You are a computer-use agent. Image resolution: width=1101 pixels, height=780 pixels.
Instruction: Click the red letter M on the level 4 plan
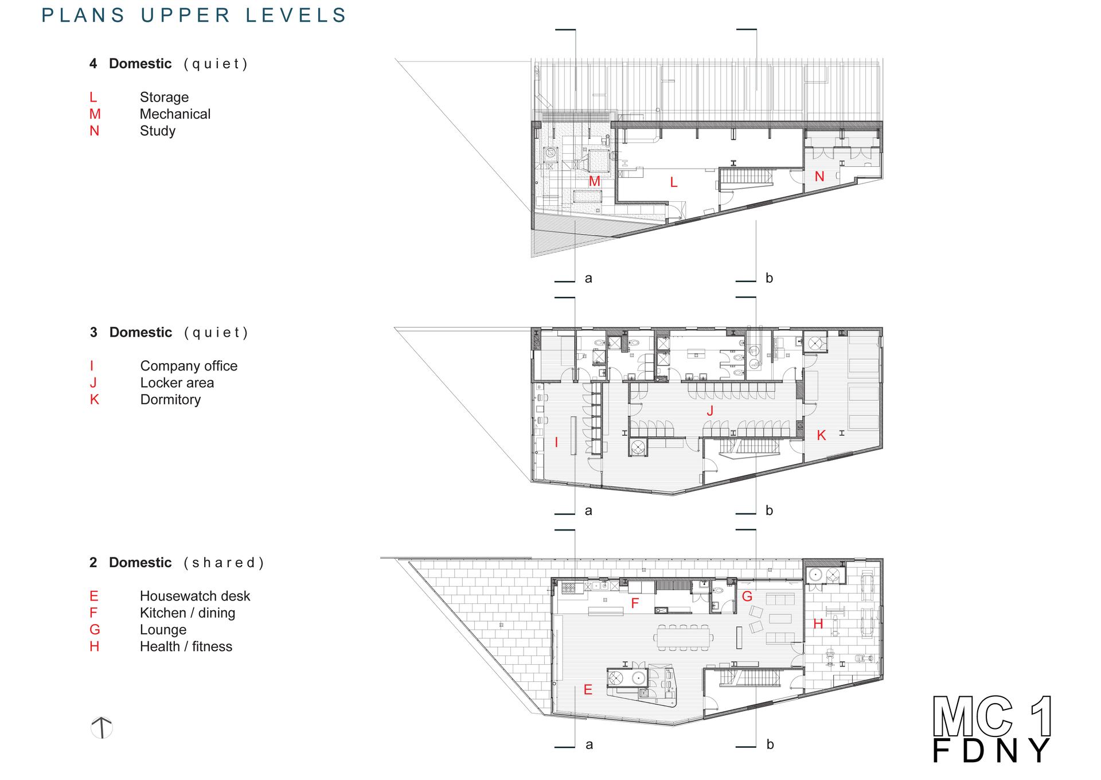click(595, 181)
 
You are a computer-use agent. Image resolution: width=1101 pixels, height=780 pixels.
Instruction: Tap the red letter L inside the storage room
click(674, 182)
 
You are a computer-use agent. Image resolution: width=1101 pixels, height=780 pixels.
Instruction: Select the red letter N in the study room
click(819, 177)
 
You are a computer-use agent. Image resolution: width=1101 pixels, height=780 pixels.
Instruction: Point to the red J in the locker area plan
click(710, 411)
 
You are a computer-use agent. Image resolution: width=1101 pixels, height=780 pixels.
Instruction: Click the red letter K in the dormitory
click(821, 435)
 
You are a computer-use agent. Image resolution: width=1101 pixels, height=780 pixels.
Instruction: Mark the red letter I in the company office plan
click(556, 442)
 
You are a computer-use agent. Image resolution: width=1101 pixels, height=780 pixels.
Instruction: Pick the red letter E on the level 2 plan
click(588, 689)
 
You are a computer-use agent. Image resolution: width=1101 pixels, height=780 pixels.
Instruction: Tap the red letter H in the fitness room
click(818, 623)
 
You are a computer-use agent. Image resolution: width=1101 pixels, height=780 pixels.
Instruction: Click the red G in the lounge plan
click(747, 596)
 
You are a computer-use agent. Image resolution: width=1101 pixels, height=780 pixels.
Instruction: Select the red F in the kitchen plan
click(635, 603)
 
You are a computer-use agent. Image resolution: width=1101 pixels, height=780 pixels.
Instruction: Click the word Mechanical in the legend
click(175, 114)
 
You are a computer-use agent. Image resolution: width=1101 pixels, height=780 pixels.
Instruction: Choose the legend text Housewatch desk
click(195, 596)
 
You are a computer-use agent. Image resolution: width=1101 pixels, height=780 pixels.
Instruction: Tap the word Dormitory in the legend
click(170, 400)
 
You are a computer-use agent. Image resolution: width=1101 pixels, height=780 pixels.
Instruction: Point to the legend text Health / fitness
click(186, 646)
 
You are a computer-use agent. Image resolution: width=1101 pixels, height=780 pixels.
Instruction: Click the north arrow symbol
click(101, 728)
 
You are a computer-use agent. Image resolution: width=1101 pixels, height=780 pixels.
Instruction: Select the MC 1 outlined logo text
click(993, 716)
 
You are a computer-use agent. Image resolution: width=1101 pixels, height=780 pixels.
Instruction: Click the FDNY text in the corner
click(993, 751)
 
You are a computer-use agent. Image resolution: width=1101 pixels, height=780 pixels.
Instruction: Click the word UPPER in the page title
click(185, 15)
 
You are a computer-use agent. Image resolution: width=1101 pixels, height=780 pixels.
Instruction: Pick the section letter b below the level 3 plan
click(770, 510)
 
